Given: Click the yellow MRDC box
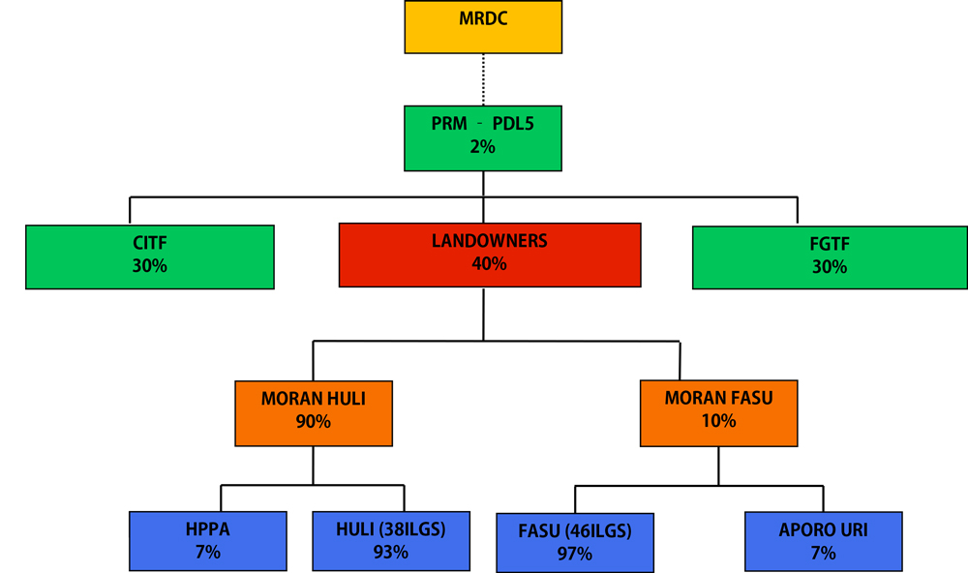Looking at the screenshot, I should coord(483,26).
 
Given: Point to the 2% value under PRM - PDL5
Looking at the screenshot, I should coord(483,147).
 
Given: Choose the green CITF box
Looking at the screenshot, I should coord(150,256).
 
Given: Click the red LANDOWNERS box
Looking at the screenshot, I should coord(489,254).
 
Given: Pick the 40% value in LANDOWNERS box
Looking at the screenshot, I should coord(489,264).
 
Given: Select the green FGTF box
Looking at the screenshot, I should coord(830,256).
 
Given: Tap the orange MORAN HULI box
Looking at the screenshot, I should coord(314,411).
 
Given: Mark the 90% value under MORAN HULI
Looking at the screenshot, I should coord(314,422).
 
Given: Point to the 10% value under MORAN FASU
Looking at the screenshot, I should coord(718,421).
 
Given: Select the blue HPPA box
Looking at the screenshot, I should coord(208,541).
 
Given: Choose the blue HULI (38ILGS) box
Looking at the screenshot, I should coord(390,541).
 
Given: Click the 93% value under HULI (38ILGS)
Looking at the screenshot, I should coord(390,553).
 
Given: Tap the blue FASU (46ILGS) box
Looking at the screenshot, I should coord(575,542).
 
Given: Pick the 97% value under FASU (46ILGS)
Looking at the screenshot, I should coord(575,555).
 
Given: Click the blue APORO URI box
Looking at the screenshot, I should coord(824,541).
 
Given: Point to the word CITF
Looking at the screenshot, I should coord(150,245).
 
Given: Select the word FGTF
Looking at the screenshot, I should coord(830,246).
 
